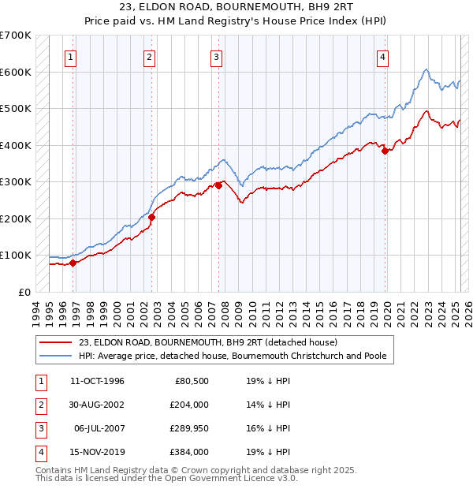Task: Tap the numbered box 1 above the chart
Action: pyautogui.click(x=71, y=56)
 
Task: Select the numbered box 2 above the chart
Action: pyautogui.click(x=149, y=56)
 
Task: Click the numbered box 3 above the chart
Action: pyautogui.click(x=216, y=56)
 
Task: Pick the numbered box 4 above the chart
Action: pyautogui.click(x=382, y=56)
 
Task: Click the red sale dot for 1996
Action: pyautogui.click(x=73, y=263)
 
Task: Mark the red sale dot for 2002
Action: pyautogui.click(x=152, y=218)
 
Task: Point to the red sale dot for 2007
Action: pyautogui.click(x=218, y=186)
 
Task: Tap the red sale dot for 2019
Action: pyautogui.click(x=385, y=151)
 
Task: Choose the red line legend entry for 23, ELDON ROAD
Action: pyautogui.click(x=208, y=342)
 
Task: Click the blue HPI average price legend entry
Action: pyautogui.click(x=233, y=356)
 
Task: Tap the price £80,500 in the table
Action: pyautogui.click(x=191, y=381)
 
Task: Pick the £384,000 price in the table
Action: pyautogui.click(x=188, y=452)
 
